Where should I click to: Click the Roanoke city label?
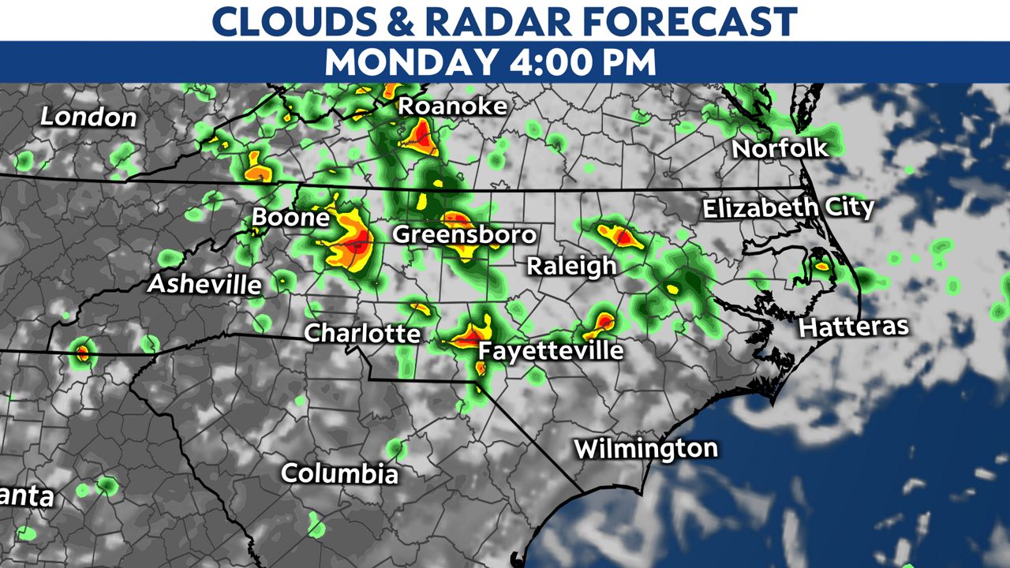coord(452,106)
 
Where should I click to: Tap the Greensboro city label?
coord(464,234)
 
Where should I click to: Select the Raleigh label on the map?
coord(571,266)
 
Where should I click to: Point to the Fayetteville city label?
coord(551,350)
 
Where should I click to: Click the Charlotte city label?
coord(362,333)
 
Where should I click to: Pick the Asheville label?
coord(204,284)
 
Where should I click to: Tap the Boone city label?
coord(290,218)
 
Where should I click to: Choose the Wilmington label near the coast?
coord(645,449)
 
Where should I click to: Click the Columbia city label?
coord(340,474)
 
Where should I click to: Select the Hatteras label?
coord(854,327)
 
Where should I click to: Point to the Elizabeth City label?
coord(788,209)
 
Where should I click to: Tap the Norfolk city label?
coord(780,148)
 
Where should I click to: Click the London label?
coord(88,118)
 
